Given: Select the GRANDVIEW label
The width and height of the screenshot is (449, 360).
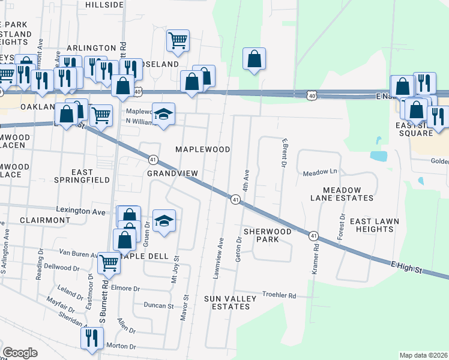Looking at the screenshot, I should pyautogui.click(x=172, y=173).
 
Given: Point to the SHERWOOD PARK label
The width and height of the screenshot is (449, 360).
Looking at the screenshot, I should pyautogui.click(x=267, y=235).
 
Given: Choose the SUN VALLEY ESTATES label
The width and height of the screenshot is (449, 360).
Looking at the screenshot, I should pyautogui.click(x=226, y=302).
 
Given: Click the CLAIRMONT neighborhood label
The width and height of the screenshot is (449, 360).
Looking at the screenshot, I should pyautogui.click(x=44, y=220).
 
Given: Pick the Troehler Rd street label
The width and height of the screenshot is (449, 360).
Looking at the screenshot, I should pyautogui.click(x=280, y=295).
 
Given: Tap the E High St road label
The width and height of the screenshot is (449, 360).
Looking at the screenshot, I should pyautogui.click(x=414, y=268).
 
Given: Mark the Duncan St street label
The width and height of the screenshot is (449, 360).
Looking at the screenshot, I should pyautogui.click(x=158, y=305).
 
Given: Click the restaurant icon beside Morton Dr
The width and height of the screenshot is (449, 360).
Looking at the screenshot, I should pyautogui.click(x=91, y=337).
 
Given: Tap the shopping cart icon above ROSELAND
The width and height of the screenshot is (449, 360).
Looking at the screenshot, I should pyautogui.click(x=178, y=40).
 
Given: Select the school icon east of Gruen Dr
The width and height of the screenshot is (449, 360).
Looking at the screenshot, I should pyautogui.click(x=164, y=220).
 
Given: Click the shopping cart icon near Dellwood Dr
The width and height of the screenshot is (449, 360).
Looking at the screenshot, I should pyautogui.click(x=109, y=262).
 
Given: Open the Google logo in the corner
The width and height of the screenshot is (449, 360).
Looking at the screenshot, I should pyautogui.click(x=20, y=353).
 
